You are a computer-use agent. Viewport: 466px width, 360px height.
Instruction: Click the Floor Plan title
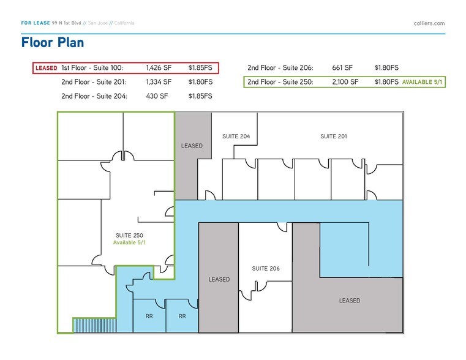[52, 43]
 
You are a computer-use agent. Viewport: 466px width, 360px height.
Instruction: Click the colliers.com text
[429, 23]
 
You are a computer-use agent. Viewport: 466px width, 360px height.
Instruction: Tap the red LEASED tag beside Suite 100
[47, 68]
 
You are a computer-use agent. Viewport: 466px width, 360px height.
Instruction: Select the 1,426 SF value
[159, 68]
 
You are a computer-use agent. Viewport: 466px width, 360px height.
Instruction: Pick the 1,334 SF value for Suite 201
[159, 82]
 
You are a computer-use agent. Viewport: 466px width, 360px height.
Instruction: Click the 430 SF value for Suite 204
[156, 96]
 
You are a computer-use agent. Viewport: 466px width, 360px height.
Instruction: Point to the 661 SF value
[343, 68]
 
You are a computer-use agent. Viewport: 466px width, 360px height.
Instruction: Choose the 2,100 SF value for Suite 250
[345, 82]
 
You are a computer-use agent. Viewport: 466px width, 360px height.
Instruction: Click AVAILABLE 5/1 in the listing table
[422, 82]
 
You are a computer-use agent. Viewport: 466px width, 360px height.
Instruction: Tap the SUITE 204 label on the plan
[236, 137]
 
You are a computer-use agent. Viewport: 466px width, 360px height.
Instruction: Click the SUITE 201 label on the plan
[334, 137]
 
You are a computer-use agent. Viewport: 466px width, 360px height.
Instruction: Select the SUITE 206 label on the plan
[266, 269]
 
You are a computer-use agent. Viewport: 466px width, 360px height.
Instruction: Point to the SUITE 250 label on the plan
[129, 235]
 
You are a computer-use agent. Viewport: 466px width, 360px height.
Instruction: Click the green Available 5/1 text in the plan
[129, 243]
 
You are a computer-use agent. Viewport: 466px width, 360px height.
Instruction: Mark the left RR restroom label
[149, 317]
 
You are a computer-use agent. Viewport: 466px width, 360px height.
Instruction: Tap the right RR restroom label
[182, 317]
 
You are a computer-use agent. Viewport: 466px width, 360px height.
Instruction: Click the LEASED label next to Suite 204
[192, 146]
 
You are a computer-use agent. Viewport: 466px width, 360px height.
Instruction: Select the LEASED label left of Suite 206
[219, 280]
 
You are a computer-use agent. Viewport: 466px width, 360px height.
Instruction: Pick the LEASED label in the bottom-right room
[350, 301]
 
